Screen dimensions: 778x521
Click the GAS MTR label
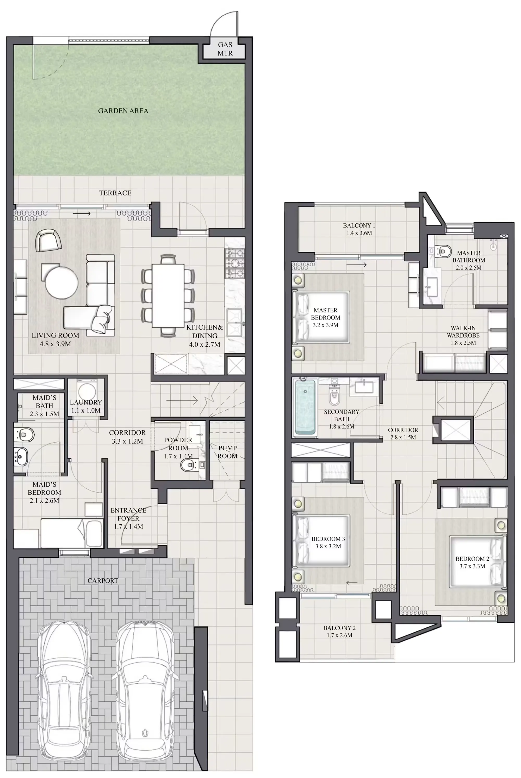(x=225, y=49)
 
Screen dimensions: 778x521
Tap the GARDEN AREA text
(x=123, y=111)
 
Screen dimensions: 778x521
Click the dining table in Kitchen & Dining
(x=168, y=295)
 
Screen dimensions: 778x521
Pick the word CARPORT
(x=103, y=580)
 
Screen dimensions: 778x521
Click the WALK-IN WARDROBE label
(x=463, y=332)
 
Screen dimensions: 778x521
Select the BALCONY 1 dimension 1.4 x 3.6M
(x=359, y=233)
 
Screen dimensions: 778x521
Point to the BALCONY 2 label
(x=339, y=628)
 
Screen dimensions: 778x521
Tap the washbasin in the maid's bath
(x=22, y=456)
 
